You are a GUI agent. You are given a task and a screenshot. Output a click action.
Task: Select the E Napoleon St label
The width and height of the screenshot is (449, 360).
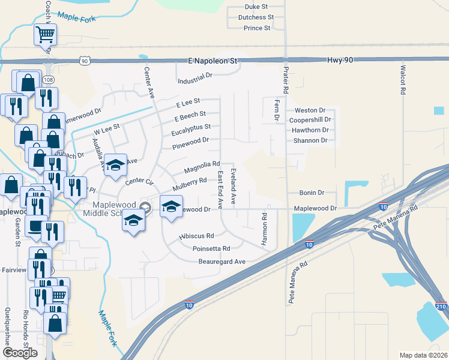213,61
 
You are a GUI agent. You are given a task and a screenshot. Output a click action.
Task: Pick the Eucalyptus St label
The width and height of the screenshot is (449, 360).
191,127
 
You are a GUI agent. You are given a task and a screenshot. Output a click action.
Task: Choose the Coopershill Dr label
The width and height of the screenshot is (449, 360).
310,120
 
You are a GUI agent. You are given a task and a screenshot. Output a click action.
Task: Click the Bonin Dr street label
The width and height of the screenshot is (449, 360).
312,193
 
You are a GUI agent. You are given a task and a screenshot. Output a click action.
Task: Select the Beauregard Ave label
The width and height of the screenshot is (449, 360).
222,262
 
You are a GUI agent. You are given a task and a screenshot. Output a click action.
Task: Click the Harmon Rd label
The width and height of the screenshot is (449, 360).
264,232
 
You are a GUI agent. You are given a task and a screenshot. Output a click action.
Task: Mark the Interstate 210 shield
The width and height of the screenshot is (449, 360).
441,306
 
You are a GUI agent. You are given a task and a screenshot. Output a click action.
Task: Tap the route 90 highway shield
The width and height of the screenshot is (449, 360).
85,61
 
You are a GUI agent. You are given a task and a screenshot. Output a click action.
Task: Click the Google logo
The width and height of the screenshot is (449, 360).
19,353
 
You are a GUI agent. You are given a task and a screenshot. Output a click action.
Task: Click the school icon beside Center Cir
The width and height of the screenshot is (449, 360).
116,165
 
